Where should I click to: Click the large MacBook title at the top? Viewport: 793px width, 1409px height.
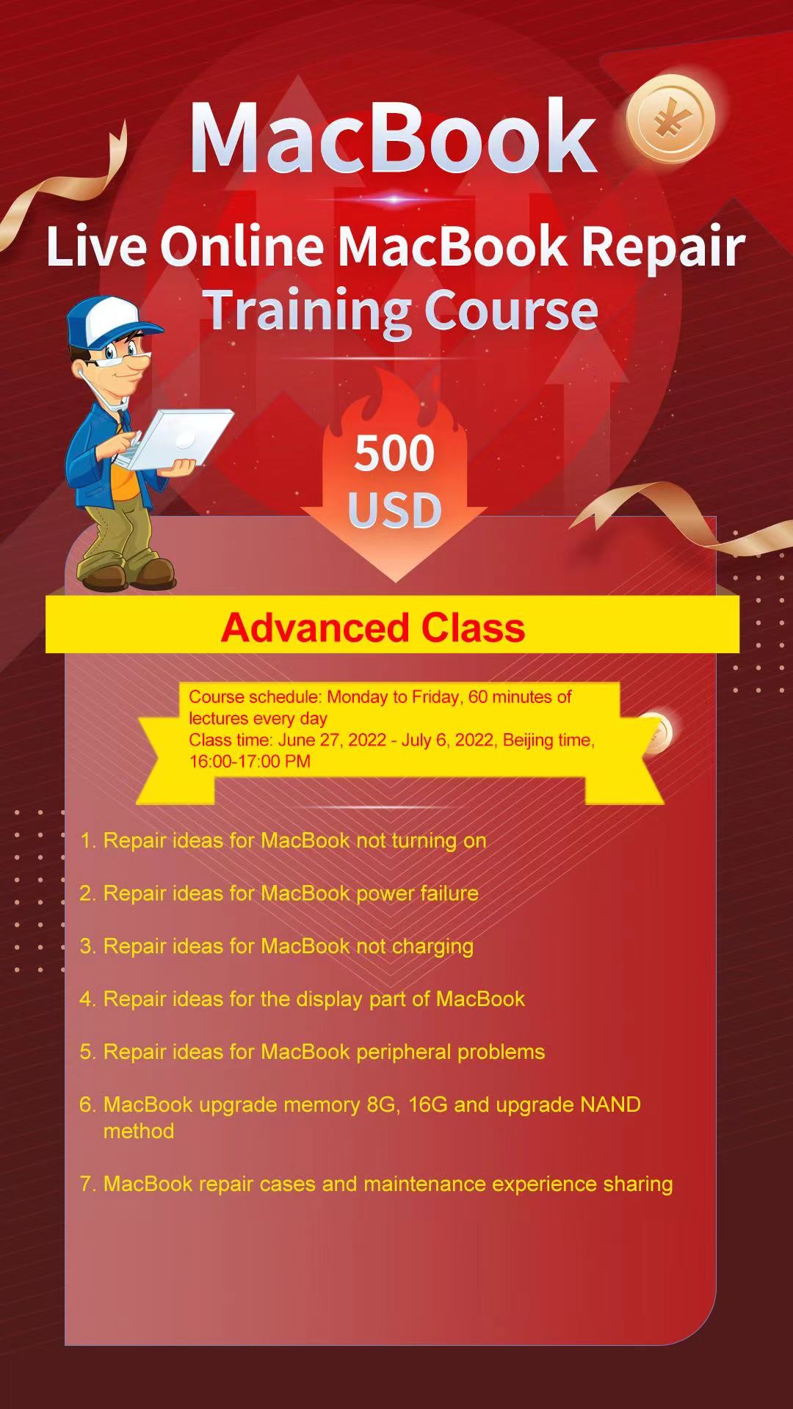pyautogui.click(x=393, y=136)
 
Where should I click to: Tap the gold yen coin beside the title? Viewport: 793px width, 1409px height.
pyautogui.click(x=670, y=119)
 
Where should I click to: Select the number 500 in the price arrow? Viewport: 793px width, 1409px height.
pyautogui.click(x=394, y=454)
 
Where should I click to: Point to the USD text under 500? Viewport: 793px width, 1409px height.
pyautogui.click(x=394, y=511)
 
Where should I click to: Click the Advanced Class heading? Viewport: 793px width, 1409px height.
pyautogui.click(x=373, y=628)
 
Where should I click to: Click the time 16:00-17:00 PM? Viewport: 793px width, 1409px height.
pyautogui.click(x=250, y=761)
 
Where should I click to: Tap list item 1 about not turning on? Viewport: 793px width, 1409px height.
pyautogui.click(x=283, y=841)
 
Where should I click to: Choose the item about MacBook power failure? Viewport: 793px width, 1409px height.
pyautogui.click(x=279, y=893)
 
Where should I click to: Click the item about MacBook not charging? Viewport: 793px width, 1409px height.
pyautogui.click(x=276, y=947)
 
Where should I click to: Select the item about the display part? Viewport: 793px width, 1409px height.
pyautogui.click(x=302, y=1000)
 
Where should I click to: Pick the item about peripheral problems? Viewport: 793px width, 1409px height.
pyautogui.click(x=312, y=1052)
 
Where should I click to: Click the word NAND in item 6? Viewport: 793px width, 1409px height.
pyautogui.click(x=610, y=1104)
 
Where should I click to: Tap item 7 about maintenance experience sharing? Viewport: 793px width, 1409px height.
pyautogui.click(x=376, y=1184)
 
